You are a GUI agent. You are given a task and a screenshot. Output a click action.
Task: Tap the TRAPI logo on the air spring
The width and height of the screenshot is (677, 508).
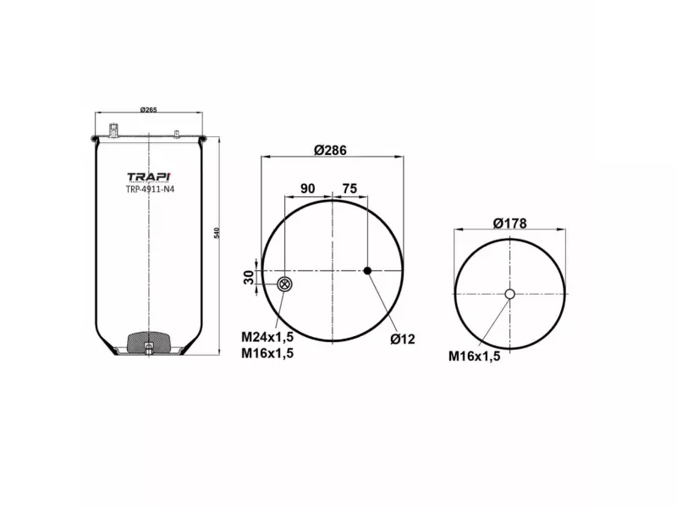click(x=149, y=177)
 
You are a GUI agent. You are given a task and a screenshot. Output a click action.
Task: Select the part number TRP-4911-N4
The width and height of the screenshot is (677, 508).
click(x=149, y=189)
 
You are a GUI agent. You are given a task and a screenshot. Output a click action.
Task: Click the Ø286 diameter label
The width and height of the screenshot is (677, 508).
click(x=330, y=150)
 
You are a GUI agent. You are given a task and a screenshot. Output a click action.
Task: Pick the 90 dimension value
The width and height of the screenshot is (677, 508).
click(x=308, y=188)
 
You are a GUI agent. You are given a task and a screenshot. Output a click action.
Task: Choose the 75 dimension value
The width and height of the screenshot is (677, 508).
click(x=349, y=188)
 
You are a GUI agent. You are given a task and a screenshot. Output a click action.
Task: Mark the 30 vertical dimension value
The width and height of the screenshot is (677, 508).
click(x=249, y=277)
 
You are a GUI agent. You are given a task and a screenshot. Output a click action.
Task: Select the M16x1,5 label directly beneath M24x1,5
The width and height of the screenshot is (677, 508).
click(x=267, y=354)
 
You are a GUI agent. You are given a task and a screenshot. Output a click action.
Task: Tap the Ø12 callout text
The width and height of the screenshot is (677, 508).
click(x=402, y=340)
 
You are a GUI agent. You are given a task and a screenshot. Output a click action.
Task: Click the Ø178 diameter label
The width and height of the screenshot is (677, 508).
click(x=509, y=224)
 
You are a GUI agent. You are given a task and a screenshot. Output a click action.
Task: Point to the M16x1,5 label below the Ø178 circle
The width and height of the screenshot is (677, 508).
click(x=474, y=356)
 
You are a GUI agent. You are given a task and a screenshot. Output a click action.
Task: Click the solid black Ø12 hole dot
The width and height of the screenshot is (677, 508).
click(x=367, y=271)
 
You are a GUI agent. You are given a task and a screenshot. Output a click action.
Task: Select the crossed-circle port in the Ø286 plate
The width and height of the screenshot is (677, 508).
click(x=285, y=284)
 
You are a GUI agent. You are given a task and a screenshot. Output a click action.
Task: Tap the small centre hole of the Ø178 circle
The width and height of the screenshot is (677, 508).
click(x=509, y=295)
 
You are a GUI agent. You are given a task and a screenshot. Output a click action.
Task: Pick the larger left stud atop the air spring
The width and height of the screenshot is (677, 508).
click(x=113, y=130)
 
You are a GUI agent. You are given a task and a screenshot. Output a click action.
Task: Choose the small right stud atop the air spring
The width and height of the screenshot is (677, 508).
click(x=175, y=134)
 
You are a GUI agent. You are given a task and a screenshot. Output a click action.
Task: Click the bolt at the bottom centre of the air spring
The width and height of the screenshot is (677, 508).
click(x=149, y=348)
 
